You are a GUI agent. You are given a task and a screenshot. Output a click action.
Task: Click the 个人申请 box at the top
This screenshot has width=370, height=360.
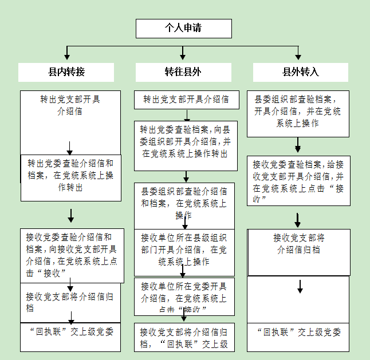tap(183, 28)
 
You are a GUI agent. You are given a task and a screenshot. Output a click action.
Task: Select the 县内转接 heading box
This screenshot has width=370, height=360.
tap(66, 72)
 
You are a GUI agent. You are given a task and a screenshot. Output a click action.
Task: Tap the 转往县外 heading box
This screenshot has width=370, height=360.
tap(183, 72)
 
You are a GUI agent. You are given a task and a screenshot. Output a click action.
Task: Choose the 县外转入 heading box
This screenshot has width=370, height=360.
tap(301, 72)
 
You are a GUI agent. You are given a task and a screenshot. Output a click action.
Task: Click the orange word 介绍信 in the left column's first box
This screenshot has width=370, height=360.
tap(70, 112)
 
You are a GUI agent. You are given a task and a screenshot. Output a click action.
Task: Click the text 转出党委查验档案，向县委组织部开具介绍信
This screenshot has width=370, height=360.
tap(186, 143)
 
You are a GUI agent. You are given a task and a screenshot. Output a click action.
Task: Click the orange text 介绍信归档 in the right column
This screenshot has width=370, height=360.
tap(298, 250)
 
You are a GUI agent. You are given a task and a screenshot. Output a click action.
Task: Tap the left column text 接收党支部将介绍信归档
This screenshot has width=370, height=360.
tap(69, 302)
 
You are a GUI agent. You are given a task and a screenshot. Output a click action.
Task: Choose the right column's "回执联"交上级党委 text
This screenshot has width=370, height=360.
tap(298, 332)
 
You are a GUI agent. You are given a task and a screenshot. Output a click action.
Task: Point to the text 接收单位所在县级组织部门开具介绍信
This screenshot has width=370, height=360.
tap(184, 250)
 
